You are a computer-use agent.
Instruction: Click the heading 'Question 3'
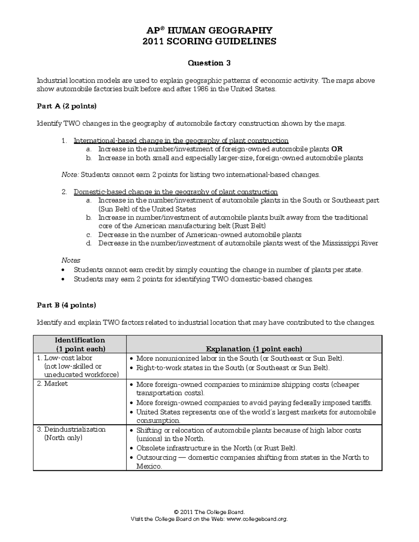tap(209, 63)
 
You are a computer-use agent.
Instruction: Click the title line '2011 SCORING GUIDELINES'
tap(209, 42)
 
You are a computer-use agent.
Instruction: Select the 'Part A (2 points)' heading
tap(66, 106)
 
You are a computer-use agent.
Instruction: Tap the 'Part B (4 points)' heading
tap(66, 305)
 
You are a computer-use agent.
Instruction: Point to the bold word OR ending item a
tap(337, 149)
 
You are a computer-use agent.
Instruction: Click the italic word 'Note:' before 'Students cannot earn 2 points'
tap(70, 175)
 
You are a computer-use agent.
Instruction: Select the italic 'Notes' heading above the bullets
tap(71, 260)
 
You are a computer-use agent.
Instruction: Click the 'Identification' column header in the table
tap(80, 340)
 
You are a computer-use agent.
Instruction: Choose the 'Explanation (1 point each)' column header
tap(254, 349)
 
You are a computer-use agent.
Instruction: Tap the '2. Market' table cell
tap(56, 384)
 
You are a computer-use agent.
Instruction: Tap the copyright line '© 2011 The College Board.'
tap(209, 512)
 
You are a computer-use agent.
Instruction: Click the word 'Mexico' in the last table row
tap(149, 467)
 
